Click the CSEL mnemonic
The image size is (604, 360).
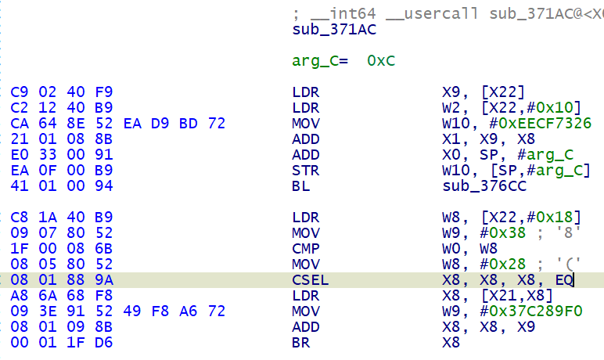(309, 279)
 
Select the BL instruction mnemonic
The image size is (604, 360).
(300, 185)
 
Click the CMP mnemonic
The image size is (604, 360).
(304, 248)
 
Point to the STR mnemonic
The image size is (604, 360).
(304, 170)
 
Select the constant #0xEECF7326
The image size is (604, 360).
(535, 123)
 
